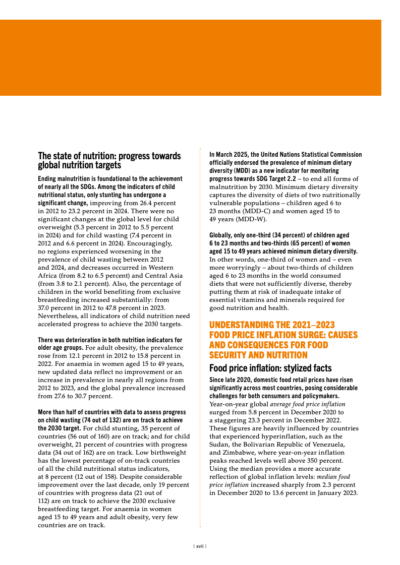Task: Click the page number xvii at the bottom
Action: pos(200,546)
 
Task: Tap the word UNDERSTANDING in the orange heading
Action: pos(240,325)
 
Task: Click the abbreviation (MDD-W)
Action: pos(249,219)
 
